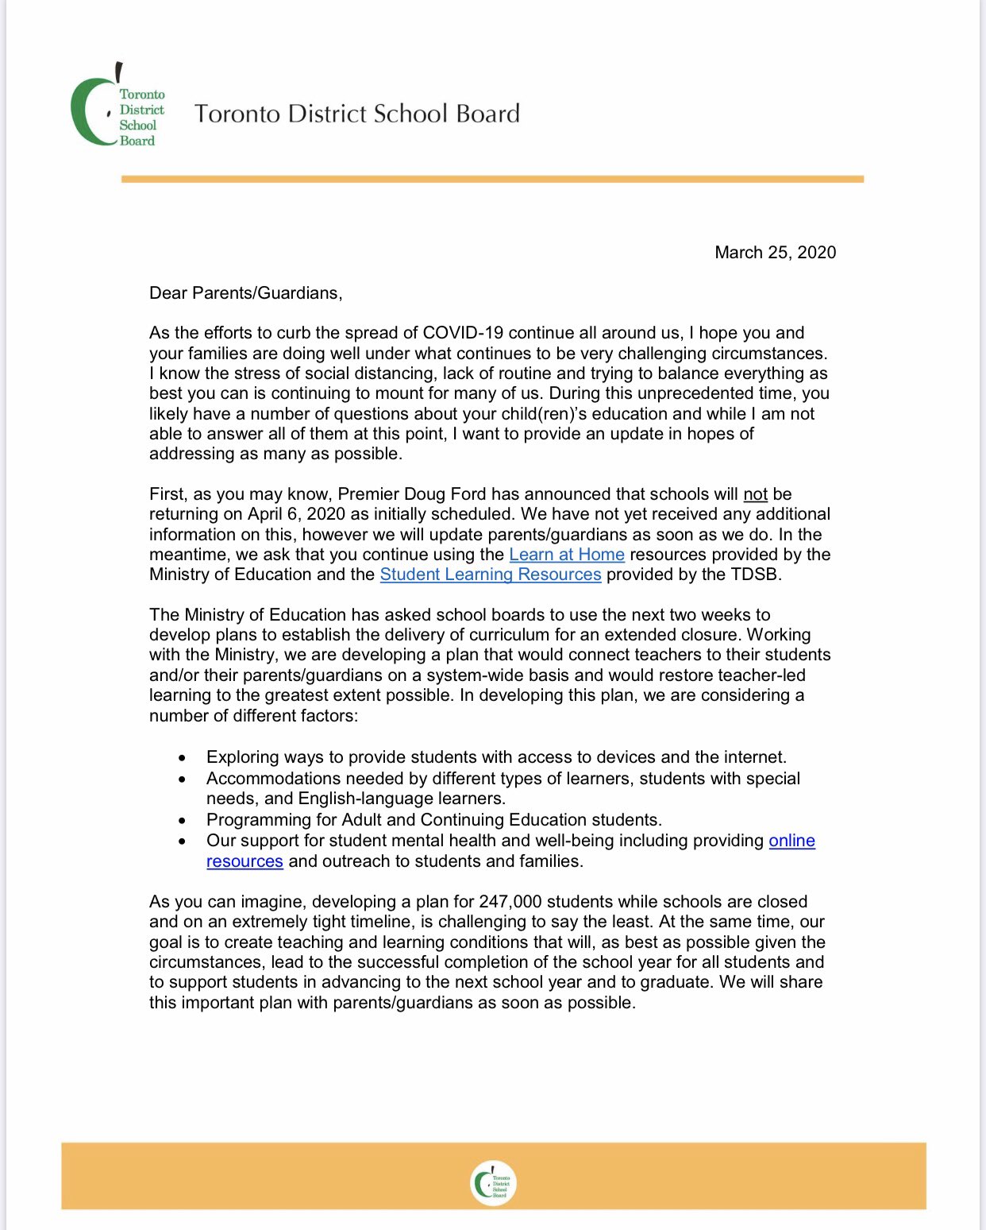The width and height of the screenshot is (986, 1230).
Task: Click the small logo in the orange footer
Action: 493,1183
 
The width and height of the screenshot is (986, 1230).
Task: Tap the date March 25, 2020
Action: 775,253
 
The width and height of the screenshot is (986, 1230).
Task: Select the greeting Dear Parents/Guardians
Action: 245,293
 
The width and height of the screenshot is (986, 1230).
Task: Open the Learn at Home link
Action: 567,555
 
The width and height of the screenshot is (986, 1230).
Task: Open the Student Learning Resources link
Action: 491,574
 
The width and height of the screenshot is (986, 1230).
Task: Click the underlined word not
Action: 755,494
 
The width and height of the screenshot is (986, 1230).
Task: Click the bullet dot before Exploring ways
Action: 183,758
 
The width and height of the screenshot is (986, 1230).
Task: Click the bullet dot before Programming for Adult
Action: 183,821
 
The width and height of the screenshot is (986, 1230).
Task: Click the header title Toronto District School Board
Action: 357,114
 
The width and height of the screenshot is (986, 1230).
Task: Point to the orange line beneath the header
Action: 492,180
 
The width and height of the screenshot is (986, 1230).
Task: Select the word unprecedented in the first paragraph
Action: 677,393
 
